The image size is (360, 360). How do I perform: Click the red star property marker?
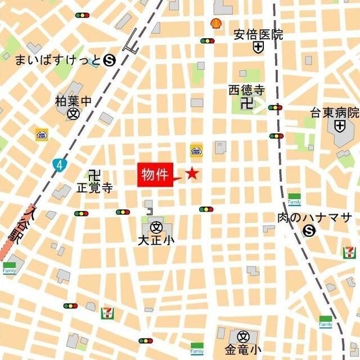coord(192,174)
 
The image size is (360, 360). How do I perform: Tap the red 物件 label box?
coord(155,175)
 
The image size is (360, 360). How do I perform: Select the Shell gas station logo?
coord(215,24)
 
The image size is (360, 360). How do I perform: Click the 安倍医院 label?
coord(259,35)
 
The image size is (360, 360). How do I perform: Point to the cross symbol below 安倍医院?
coord(258,48)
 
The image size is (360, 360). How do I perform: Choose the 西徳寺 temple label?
coord(246,89)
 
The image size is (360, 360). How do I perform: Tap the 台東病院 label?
coord(335,112)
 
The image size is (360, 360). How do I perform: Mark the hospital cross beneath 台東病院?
coord(339,126)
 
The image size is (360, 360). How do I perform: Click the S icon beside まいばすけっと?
coord(110,59)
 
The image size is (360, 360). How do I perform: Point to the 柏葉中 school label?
coord(73,101)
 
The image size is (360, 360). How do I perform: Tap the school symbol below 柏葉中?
coord(73,114)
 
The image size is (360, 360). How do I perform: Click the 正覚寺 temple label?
coord(94,187)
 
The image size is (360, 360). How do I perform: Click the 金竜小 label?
coord(243,350)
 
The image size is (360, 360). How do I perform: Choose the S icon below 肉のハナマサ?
coord(309,231)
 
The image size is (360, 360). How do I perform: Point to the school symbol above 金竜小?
coord(243,336)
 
